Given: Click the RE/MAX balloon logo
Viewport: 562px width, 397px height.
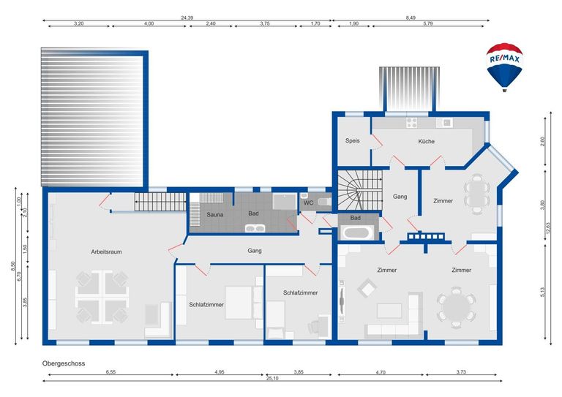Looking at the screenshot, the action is click(x=504, y=67).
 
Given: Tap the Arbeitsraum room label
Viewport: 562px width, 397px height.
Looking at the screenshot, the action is click(x=106, y=252).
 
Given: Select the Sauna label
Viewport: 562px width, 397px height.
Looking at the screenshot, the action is click(x=214, y=215).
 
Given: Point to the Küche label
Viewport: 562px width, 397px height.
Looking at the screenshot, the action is click(x=426, y=141).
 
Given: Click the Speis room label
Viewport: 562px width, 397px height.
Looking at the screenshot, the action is click(x=352, y=140).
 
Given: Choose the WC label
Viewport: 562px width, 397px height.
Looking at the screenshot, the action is click(x=308, y=203).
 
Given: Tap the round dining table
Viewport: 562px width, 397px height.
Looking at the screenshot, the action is click(x=456, y=307).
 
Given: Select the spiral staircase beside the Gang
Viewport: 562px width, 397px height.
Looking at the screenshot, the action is click(x=360, y=190).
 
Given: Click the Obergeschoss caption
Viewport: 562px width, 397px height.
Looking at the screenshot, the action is click(x=64, y=363).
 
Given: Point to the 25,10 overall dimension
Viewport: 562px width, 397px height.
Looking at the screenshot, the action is click(x=272, y=379).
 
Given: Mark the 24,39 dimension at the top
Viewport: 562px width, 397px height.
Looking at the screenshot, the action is click(x=187, y=18).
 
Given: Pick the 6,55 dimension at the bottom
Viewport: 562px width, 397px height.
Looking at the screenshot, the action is click(x=110, y=372).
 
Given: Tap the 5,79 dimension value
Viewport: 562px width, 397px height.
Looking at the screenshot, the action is click(x=428, y=23).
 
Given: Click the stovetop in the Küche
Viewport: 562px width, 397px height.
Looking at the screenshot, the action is click(x=411, y=123).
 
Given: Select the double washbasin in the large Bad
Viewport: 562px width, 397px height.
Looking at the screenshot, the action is click(x=255, y=228).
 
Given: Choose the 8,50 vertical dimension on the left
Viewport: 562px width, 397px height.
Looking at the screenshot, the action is click(x=13, y=266).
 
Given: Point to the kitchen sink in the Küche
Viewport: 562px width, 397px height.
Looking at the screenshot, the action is click(x=444, y=123).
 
